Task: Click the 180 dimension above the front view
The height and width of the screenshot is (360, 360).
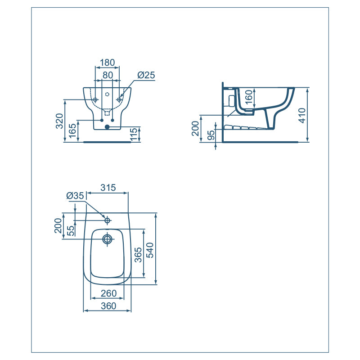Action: pos(107,62)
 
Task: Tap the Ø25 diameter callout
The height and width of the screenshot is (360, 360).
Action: pos(146,75)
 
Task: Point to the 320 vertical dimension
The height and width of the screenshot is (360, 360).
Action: pos(59,121)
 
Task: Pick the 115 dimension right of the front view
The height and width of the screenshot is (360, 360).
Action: pos(134,135)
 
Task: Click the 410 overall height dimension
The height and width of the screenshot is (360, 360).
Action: pos(302,115)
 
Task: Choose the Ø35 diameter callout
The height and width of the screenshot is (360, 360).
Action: pos(75,196)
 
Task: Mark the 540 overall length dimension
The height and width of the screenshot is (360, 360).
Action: pos(150,248)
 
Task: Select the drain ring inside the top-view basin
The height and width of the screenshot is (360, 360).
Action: pos(107,239)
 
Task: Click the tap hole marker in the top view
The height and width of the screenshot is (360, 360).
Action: pos(107,220)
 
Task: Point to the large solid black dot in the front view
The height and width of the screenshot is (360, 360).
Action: pos(107,127)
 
